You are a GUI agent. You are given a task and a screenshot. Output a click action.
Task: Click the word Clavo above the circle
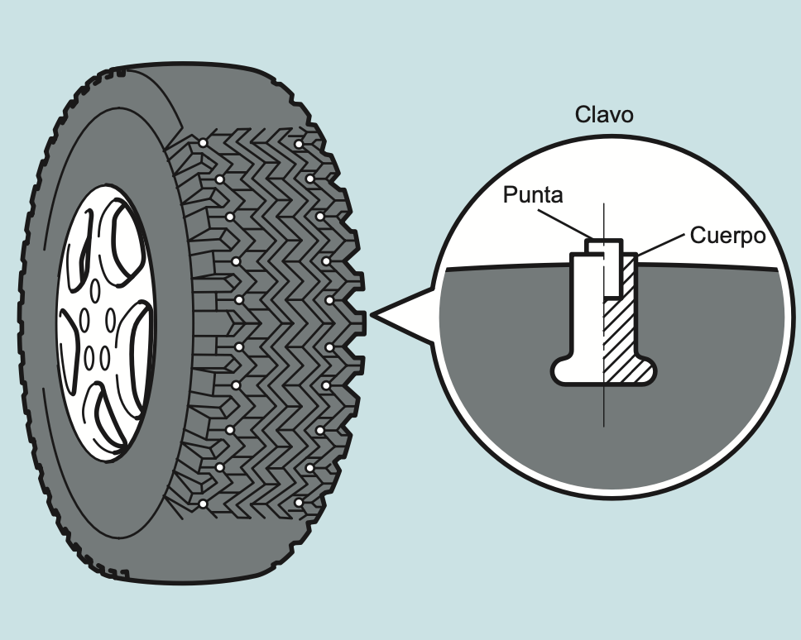coord(604,114)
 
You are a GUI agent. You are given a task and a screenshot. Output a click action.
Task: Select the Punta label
coord(533,195)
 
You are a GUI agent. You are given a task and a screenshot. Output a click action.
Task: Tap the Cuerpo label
coord(727,236)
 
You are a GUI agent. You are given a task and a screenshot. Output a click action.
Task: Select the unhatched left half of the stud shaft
coord(588,314)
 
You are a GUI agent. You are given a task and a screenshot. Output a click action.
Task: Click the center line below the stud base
coord(604,405)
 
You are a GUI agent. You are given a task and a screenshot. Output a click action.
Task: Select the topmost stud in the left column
coord(203,144)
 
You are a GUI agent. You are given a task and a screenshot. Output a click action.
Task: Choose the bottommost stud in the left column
coord(203,504)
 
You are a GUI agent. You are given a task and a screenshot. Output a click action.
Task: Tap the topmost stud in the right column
coord(298,144)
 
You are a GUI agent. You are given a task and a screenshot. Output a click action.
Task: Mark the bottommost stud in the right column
coord(298,502)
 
